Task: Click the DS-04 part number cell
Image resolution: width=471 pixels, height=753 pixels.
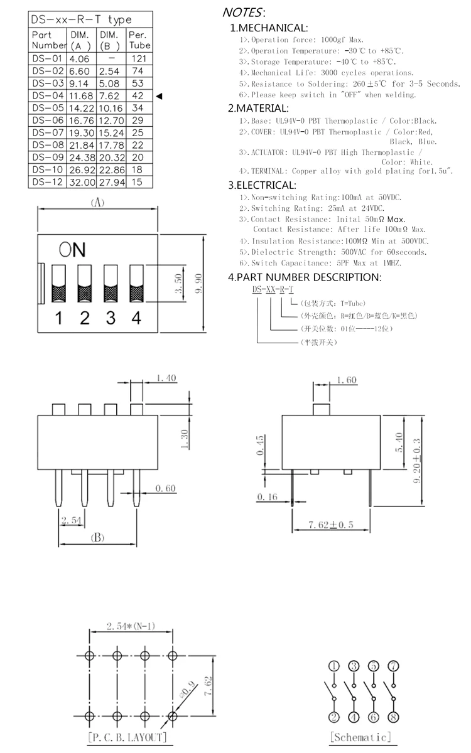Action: click(x=48, y=96)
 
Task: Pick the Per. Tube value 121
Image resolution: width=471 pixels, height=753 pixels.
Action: click(x=138, y=58)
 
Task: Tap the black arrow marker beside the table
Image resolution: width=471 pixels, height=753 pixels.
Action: click(x=159, y=96)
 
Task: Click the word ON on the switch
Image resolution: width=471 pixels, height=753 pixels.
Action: click(x=72, y=250)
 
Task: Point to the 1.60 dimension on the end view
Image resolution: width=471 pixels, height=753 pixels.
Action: click(x=347, y=380)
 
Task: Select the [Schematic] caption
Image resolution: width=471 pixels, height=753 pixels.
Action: click(x=360, y=737)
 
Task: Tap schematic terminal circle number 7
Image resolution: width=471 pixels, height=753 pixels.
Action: click(x=394, y=666)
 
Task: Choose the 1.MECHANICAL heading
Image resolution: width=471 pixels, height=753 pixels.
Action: click(x=268, y=28)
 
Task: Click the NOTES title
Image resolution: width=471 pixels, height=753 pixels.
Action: click(x=244, y=11)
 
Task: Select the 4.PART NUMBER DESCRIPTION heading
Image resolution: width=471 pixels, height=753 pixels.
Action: click(x=304, y=277)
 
